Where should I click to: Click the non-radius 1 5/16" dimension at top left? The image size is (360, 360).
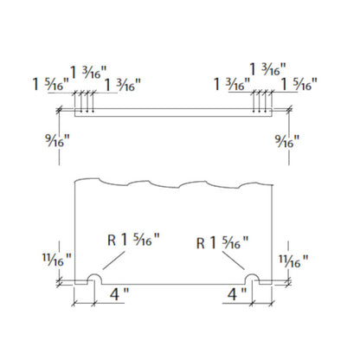pos(51,84)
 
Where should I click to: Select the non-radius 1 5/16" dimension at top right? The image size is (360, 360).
pos(299,84)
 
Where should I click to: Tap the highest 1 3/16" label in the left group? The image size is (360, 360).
pos(88,72)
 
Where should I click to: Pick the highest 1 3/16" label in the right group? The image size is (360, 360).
pos(267,69)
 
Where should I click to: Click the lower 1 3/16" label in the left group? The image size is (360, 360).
pos(122,85)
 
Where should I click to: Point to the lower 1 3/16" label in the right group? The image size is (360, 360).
pos(232,84)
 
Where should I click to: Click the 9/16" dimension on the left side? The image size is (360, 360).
pos(57,141)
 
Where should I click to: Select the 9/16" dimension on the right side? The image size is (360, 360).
pos(287,141)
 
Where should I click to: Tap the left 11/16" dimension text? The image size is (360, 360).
pos(57,260)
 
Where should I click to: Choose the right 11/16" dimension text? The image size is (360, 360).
pos(293,261)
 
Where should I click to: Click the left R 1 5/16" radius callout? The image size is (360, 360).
pos(133,240)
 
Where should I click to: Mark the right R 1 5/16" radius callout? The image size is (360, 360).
pos(222,242)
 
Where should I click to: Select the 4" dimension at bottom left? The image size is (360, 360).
pos(119,294)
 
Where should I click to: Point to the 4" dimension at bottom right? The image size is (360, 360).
pos(237,294)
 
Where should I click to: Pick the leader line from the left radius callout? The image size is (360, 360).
pos(114,260)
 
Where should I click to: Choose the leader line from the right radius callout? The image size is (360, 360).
pos(234,260)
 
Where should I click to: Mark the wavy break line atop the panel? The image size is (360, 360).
pos(173,183)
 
